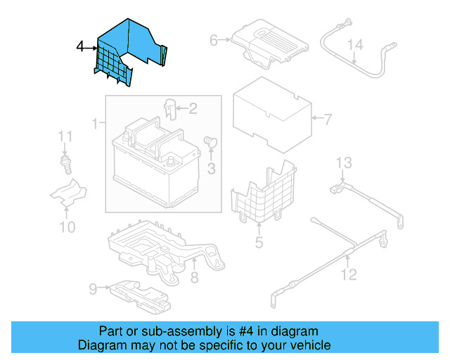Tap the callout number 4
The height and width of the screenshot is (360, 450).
[x=80, y=47]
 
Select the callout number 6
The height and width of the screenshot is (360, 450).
[x=214, y=41]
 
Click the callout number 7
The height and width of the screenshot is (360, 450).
[x=326, y=118]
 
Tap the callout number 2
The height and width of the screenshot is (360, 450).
[x=193, y=108]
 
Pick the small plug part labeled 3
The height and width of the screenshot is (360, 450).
[x=210, y=143]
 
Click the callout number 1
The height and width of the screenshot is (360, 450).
[x=94, y=125]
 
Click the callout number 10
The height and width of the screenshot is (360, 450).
[x=66, y=227]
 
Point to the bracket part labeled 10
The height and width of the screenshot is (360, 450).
[x=68, y=193]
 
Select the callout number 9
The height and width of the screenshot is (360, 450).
[x=93, y=288]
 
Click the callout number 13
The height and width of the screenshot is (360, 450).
[x=342, y=163]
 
